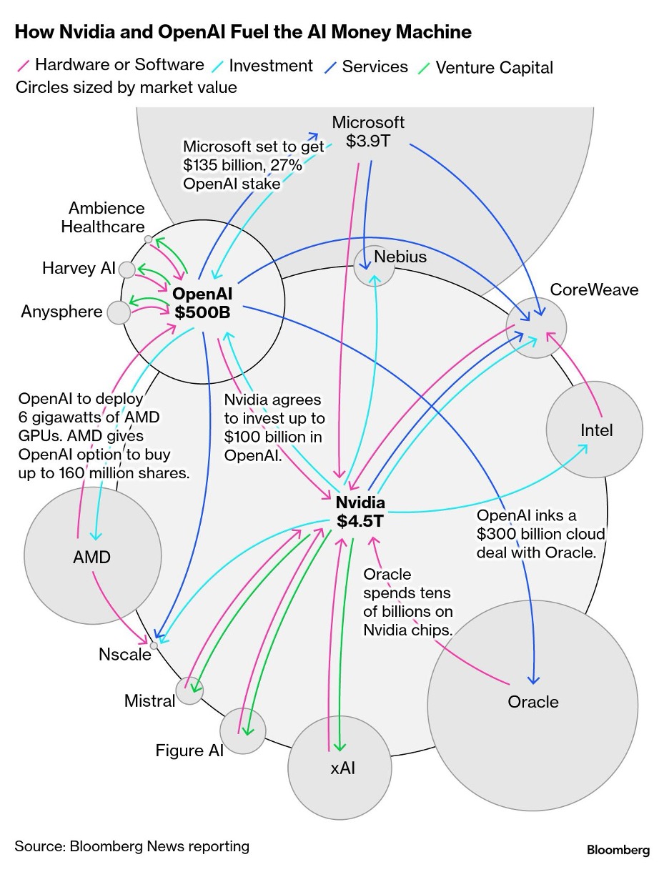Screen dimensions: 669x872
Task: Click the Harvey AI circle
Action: coord(127,269)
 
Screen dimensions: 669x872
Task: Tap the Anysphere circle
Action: coord(119,312)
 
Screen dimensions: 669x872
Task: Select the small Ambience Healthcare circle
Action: coord(148,239)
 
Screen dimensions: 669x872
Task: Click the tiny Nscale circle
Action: coord(154,645)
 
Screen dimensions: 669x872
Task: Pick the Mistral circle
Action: coord(189,690)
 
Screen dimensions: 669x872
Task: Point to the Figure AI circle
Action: coord(242,730)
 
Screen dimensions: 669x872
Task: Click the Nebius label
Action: coord(400,257)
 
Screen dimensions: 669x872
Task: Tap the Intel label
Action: coord(596,430)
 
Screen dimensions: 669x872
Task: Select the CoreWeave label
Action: coord(594,289)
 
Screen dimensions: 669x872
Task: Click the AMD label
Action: coord(91,557)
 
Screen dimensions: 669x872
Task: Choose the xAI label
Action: coord(342,768)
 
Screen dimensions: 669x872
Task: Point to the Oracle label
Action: coord(533,702)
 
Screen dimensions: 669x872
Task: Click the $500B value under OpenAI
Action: coord(202,312)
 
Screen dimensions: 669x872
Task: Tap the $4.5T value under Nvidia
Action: coord(360,521)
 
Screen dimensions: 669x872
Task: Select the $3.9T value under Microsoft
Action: coord(368,141)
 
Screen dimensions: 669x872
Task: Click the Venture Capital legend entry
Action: coord(485,67)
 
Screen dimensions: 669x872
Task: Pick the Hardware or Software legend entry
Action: coord(111,64)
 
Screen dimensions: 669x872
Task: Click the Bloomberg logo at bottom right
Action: coord(618,850)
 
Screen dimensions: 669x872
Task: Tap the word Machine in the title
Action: coord(434,31)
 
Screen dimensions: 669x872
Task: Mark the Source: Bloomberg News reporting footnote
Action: coord(132,846)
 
